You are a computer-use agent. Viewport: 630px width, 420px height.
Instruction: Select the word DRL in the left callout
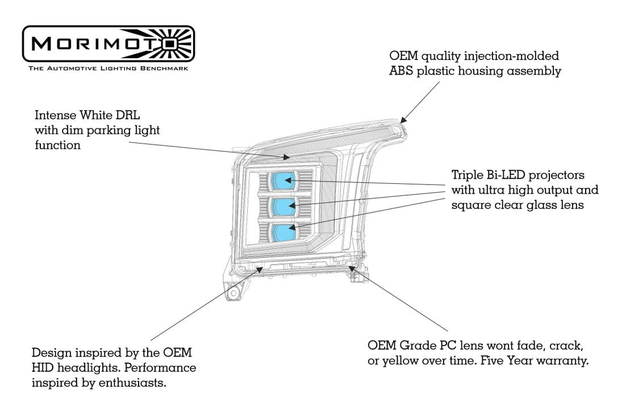127,115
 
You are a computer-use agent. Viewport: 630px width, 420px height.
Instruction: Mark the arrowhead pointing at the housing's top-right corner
403,119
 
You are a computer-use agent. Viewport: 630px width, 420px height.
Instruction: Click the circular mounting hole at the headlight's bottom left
232,294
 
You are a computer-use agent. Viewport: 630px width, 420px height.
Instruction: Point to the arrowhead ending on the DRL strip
287,156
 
